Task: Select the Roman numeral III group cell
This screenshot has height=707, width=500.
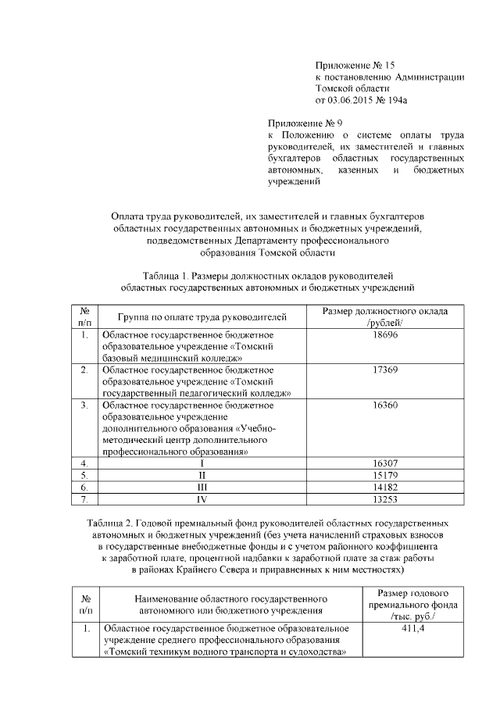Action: pos(202,486)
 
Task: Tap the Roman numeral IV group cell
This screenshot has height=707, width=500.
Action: pos(202,498)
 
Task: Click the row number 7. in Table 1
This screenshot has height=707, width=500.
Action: pos(84,498)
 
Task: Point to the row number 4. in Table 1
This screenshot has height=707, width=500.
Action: pos(84,463)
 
